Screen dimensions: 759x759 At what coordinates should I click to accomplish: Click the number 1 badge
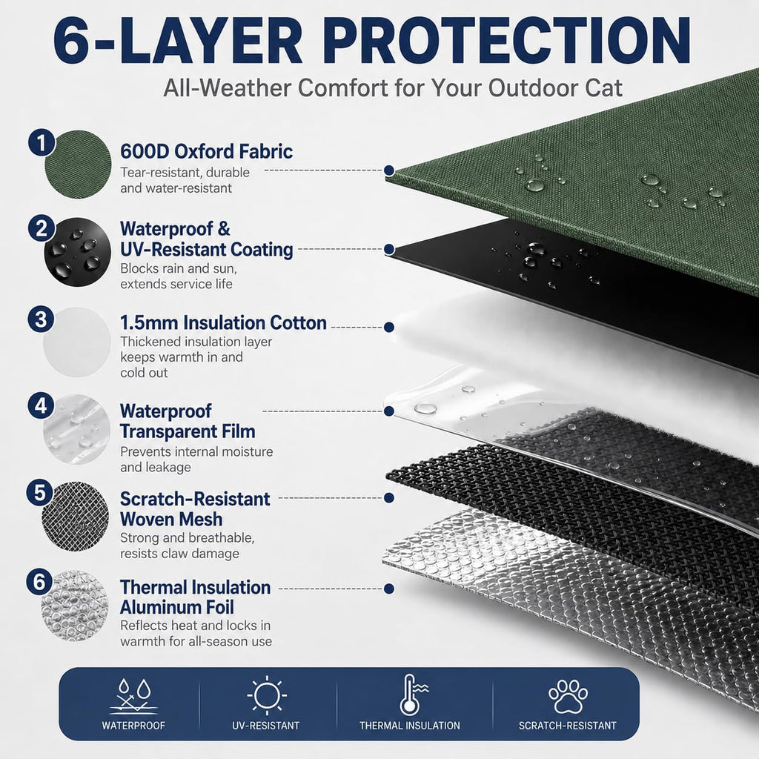click(42, 142)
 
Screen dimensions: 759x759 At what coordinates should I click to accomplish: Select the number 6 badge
click(40, 582)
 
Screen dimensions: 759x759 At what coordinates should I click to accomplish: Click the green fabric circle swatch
click(77, 165)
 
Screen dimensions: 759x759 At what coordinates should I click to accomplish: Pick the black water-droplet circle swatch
click(77, 252)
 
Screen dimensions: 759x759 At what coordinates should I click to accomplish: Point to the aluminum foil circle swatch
click(75, 606)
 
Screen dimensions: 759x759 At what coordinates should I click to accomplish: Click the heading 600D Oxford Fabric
click(206, 151)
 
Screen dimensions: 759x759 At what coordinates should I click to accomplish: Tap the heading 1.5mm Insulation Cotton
click(223, 323)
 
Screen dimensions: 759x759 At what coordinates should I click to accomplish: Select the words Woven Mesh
click(171, 520)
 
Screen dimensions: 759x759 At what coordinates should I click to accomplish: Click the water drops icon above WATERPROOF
click(134, 696)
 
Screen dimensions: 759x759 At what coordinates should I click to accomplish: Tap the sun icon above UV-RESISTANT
click(267, 696)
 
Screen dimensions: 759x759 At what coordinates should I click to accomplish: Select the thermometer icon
click(412, 695)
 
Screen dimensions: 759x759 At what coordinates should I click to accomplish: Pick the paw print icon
click(569, 696)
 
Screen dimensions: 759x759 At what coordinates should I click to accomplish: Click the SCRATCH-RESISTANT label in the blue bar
click(568, 726)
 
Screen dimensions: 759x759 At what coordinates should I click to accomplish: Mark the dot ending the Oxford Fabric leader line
click(388, 170)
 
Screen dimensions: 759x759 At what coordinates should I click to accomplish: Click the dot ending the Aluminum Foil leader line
click(388, 589)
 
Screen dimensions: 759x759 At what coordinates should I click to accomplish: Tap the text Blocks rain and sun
click(179, 268)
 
